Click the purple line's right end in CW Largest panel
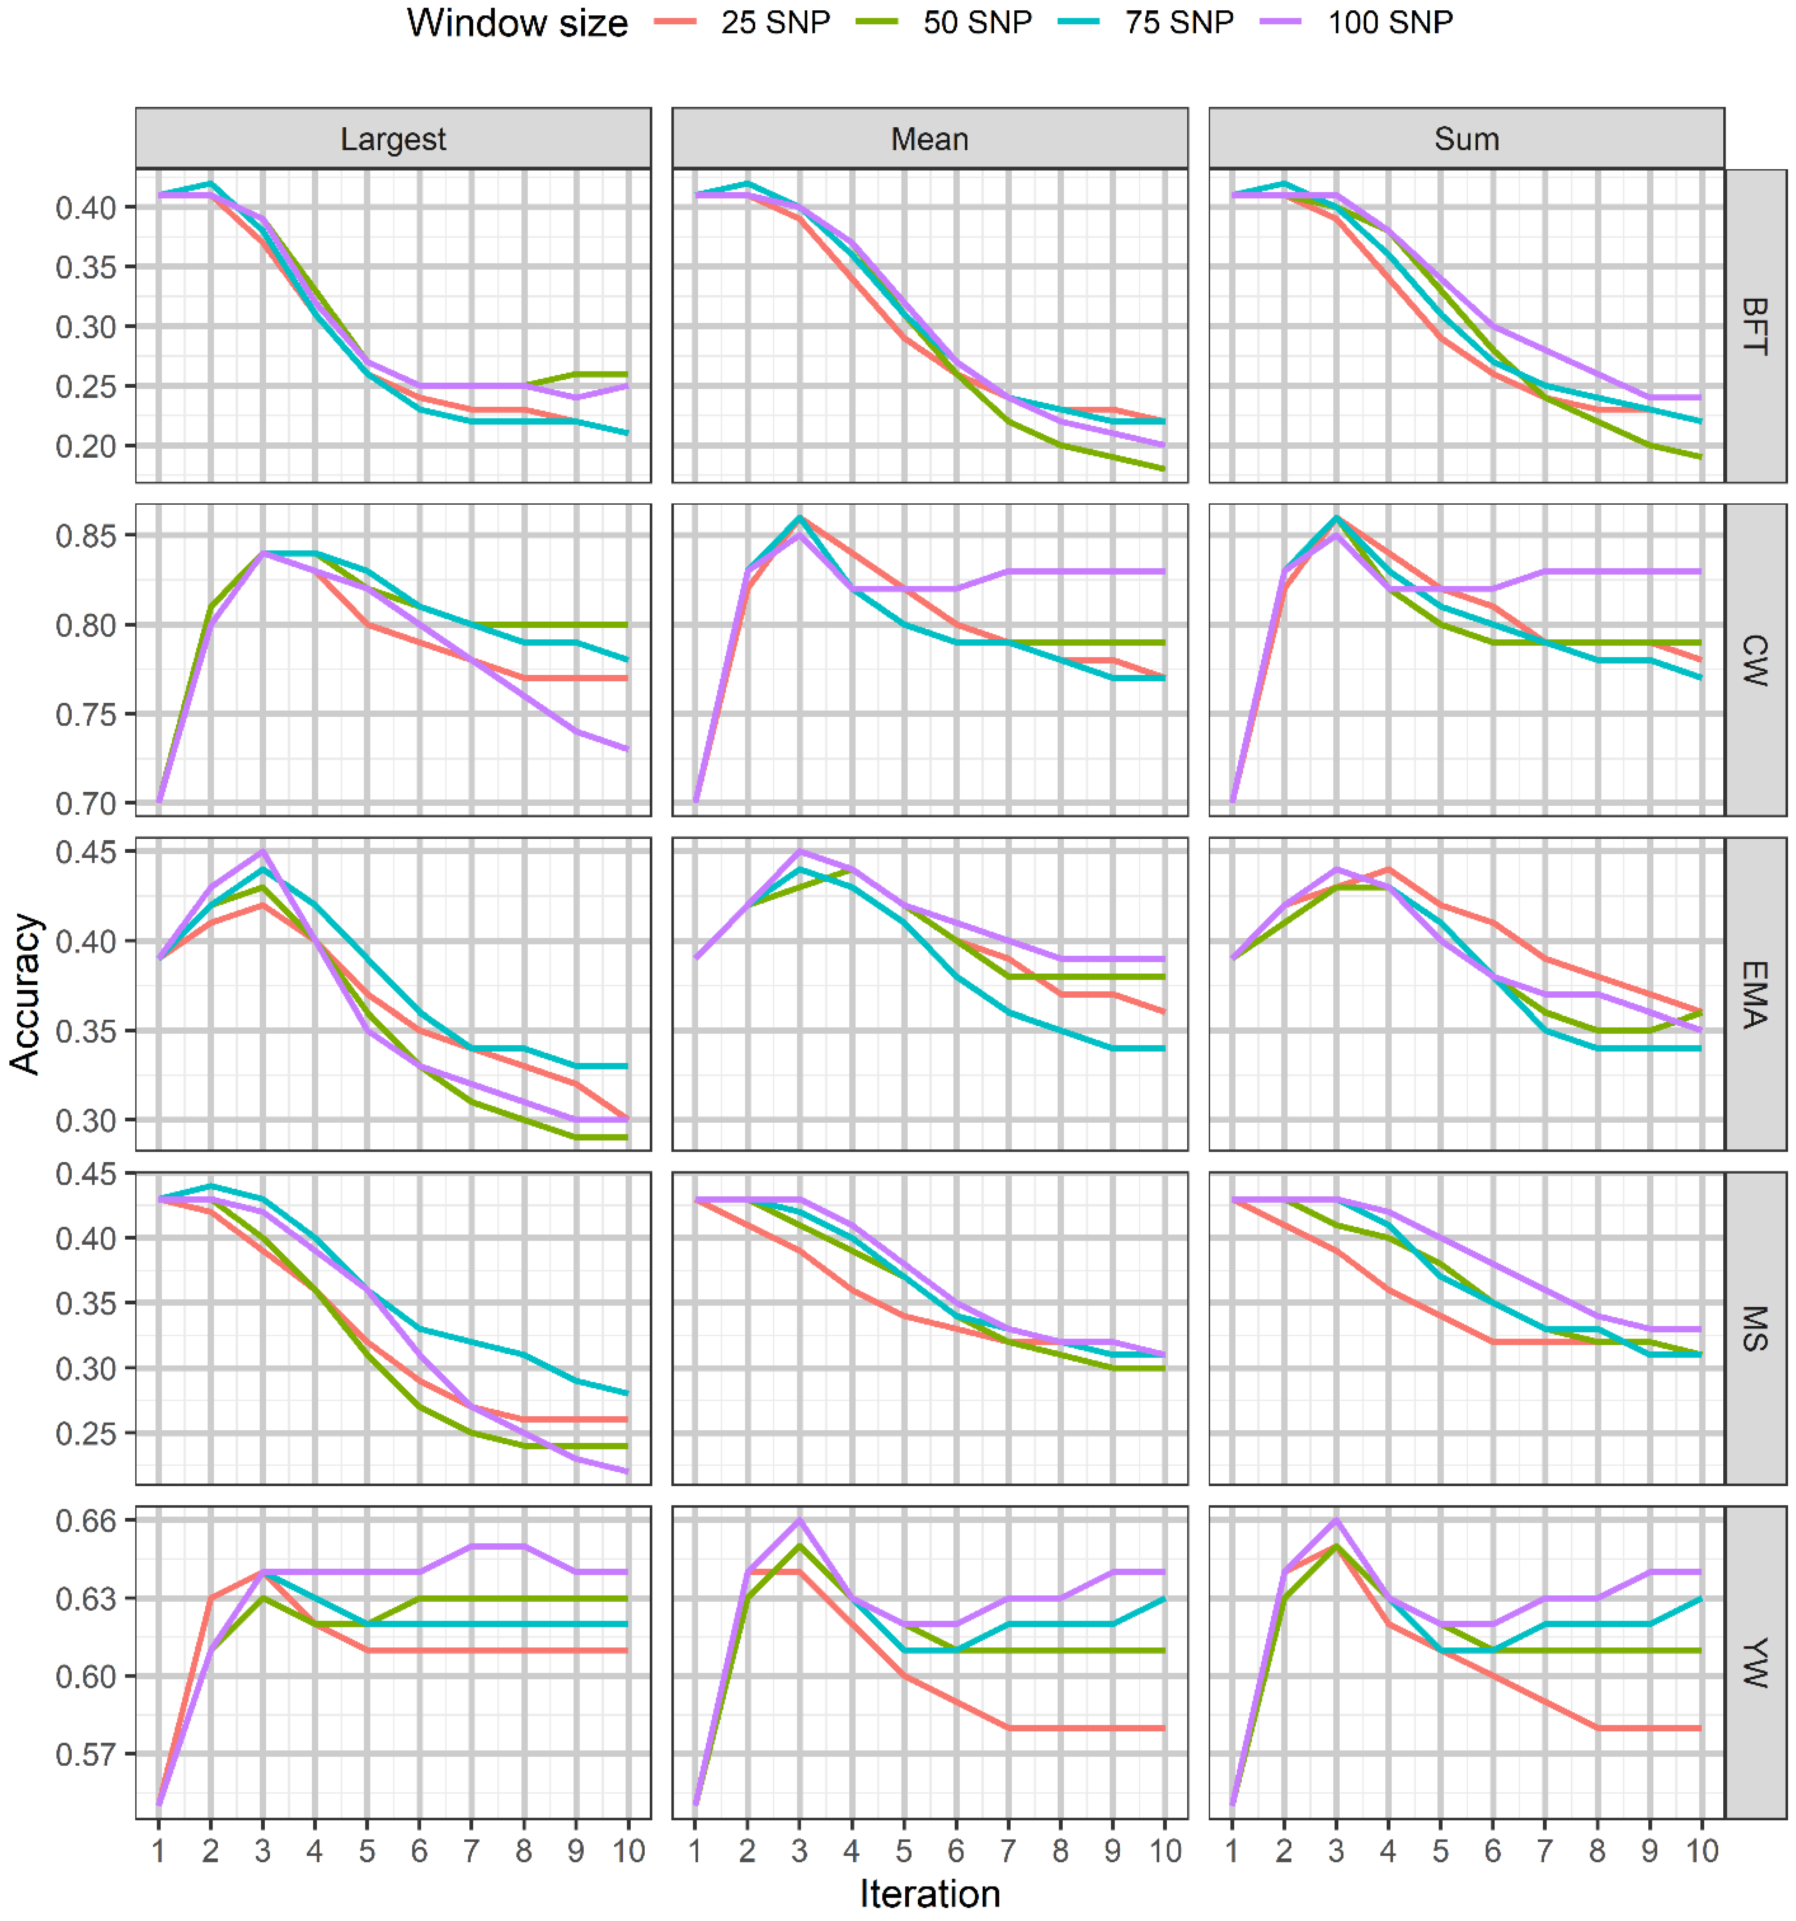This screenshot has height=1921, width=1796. (628, 749)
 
